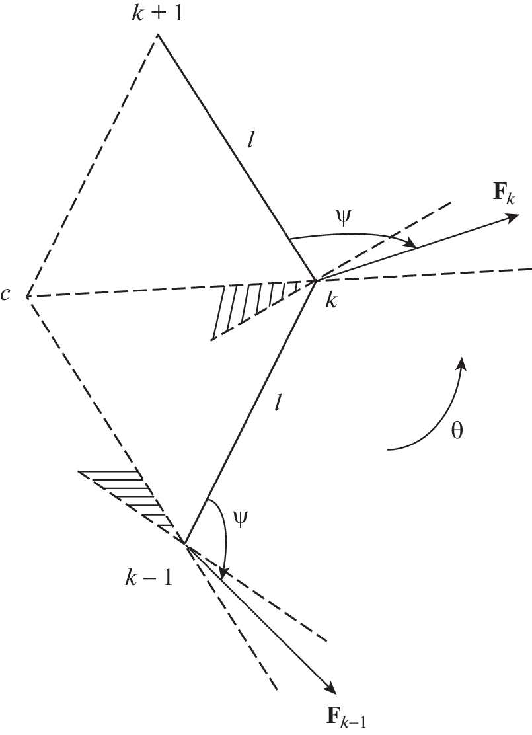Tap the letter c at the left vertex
pyautogui.click(x=6, y=295)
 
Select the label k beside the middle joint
pyautogui.click(x=331, y=301)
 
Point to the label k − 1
pyautogui.click(x=149, y=580)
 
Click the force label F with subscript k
pyautogui.click(x=504, y=194)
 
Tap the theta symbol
pyautogui.click(x=457, y=430)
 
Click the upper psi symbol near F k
pyautogui.click(x=345, y=219)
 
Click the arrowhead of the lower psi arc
pyautogui.click(x=223, y=572)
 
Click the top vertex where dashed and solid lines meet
pyautogui.click(x=157, y=34)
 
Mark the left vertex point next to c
pyautogui.click(x=26, y=296)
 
